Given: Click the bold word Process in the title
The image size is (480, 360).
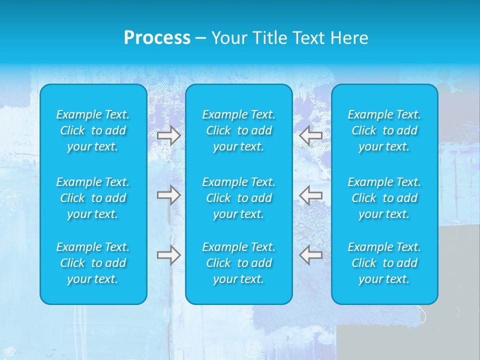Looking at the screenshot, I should (x=157, y=38).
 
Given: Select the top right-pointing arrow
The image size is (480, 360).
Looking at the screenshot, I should (x=168, y=135).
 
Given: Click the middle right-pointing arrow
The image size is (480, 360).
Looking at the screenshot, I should (x=168, y=195).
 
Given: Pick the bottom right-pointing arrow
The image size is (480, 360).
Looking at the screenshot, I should (x=168, y=255).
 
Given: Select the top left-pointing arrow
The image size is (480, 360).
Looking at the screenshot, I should (x=311, y=135).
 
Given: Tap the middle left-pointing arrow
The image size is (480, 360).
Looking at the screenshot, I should (x=311, y=195).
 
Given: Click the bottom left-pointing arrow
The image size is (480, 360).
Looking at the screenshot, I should (x=311, y=255).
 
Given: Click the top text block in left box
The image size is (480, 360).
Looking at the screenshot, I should (x=93, y=130).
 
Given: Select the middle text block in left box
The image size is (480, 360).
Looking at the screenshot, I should (x=93, y=198).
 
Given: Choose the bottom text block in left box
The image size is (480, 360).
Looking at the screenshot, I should (x=93, y=263).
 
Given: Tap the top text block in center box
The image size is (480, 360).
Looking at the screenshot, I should (x=238, y=130).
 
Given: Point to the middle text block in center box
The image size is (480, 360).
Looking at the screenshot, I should (x=238, y=198).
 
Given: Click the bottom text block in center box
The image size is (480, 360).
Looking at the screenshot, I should (x=238, y=263).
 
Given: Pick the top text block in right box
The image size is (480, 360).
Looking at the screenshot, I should (x=384, y=130).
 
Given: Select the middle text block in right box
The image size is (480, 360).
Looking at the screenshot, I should (x=384, y=198).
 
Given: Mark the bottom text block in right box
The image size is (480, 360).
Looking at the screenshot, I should (x=384, y=263).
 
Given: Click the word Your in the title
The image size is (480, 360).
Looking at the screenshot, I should (x=228, y=38).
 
